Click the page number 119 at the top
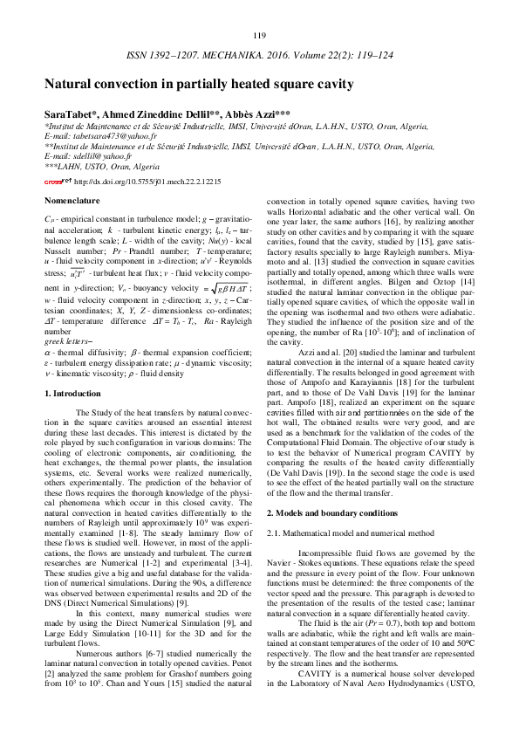(259, 35)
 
